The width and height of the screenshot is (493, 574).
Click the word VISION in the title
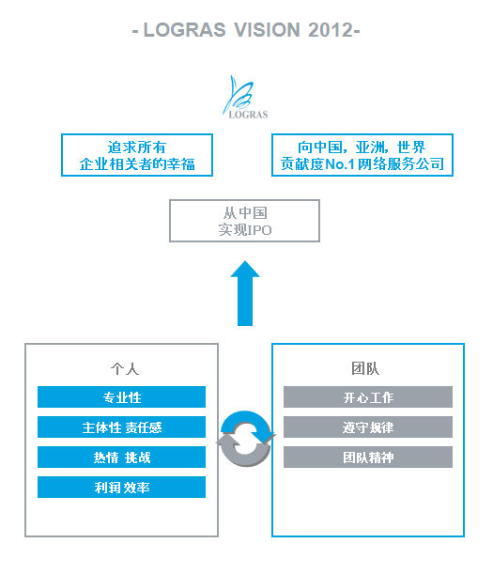click(x=268, y=30)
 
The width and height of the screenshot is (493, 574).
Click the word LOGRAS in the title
click(x=184, y=30)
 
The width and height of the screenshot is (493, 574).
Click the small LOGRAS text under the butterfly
click(x=248, y=115)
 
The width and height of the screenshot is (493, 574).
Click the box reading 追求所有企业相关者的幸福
click(x=137, y=155)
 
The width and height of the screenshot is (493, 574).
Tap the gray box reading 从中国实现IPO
click(x=244, y=221)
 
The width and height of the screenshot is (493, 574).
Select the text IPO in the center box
click(x=259, y=230)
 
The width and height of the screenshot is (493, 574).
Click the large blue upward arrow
click(x=245, y=293)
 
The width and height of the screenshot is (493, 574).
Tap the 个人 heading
click(x=125, y=368)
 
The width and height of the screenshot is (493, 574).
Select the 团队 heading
click(x=365, y=368)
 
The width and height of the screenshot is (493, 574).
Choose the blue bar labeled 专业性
click(x=121, y=396)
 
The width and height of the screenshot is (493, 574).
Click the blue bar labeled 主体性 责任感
click(x=121, y=427)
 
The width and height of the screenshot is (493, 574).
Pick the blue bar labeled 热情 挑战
click(x=121, y=457)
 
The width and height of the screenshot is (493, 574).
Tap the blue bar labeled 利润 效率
click(x=121, y=487)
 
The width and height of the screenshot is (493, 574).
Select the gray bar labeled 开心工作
click(x=368, y=396)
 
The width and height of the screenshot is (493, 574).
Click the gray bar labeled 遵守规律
click(x=368, y=427)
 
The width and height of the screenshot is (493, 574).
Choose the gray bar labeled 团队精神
click(x=368, y=457)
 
